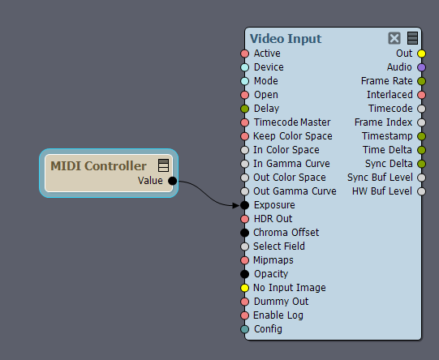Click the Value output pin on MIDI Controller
(173, 181)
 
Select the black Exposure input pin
(245, 205)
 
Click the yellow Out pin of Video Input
(421, 54)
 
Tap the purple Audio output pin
(421, 67)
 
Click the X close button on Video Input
(394, 38)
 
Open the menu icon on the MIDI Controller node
(163, 165)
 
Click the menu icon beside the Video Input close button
(412, 38)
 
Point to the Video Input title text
(286, 39)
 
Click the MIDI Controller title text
(98, 166)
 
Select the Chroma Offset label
(286, 233)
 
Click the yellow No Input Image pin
(245, 288)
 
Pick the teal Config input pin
(245, 329)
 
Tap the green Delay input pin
(245, 109)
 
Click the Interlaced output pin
(421, 95)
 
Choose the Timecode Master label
(292, 122)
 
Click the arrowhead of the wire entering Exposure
(237, 205)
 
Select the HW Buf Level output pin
(421, 191)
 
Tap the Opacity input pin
(245, 274)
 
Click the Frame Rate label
(386, 81)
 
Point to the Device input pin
(245, 67)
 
